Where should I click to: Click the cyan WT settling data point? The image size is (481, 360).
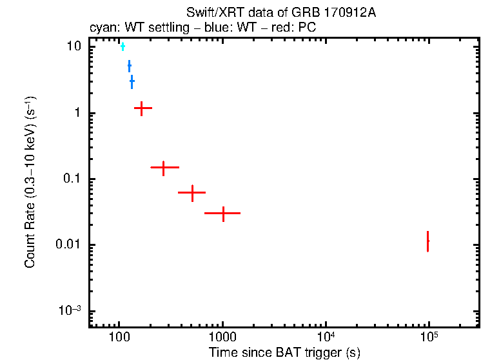(123, 46)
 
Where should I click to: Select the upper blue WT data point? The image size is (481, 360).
(129, 66)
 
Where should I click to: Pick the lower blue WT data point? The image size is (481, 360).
(132, 82)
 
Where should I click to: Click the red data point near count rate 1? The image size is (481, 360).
(142, 108)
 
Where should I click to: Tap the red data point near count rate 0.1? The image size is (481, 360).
(164, 167)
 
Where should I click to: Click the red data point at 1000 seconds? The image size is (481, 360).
(223, 212)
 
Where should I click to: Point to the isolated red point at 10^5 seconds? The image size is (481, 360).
(427, 241)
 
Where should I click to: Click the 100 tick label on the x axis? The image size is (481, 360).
(119, 338)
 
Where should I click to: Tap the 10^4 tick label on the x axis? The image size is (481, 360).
(326, 337)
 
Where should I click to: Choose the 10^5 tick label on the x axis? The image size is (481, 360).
(429, 337)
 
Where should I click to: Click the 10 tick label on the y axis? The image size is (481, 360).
(74, 47)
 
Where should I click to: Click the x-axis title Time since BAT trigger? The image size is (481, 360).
(284, 352)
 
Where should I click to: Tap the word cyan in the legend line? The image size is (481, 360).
(101, 28)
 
